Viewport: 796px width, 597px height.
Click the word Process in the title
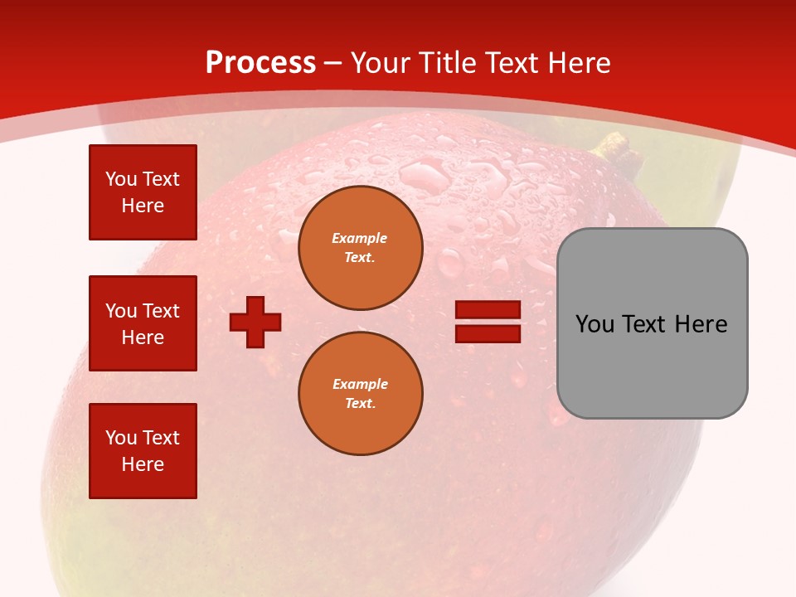point(260,63)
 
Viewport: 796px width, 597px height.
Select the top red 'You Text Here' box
point(143,192)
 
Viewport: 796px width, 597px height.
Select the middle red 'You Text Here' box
point(143,323)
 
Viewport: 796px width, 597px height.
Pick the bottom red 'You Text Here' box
point(143,451)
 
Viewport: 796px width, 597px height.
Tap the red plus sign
point(255,322)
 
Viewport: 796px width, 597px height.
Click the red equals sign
point(488,322)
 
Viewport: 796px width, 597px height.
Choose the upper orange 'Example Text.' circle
point(360,248)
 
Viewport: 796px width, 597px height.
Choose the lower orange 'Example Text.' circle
point(360,393)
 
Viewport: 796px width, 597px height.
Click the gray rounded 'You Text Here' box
point(652,323)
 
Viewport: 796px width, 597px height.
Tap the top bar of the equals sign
point(488,310)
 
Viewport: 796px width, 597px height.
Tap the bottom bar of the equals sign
point(488,333)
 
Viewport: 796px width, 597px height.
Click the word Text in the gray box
point(646,324)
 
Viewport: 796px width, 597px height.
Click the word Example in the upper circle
point(360,238)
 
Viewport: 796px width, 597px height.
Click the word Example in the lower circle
point(360,384)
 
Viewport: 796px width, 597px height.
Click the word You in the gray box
point(595,324)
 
